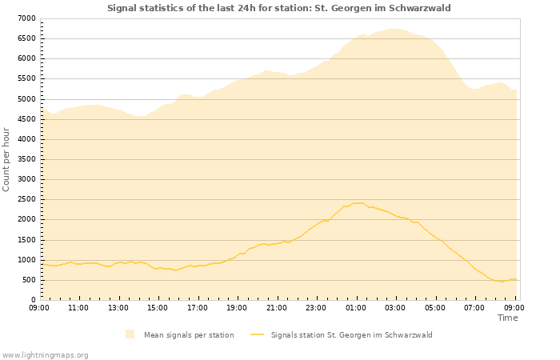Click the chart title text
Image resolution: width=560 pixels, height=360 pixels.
click(x=279, y=8)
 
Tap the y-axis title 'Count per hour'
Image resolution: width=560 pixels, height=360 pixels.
click(x=7, y=159)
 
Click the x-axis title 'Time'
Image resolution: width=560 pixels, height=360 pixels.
click(x=507, y=318)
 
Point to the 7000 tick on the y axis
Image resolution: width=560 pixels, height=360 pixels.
click(x=26, y=18)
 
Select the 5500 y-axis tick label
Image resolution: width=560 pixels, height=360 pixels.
click(x=26, y=79)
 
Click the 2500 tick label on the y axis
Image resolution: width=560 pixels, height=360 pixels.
click(x=26, y=200)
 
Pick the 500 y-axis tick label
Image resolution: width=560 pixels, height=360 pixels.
click(x=28, y=280)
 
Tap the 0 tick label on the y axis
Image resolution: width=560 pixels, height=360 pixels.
click(x=33, y=300)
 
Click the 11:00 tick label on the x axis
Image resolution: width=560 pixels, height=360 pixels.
click(x=78, y=307)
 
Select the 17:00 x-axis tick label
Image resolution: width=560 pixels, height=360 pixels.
click(x=198, y=307)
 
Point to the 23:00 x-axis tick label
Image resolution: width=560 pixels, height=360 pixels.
click(x=316, y=307)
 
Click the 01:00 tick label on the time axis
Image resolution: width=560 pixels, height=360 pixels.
click(x=356, y=307)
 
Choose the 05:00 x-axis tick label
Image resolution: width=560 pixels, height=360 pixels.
click(x=435, y=307)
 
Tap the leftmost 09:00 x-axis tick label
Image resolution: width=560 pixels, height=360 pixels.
click(x=39, y=307)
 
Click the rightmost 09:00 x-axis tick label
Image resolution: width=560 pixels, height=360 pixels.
click(x=514, y=307)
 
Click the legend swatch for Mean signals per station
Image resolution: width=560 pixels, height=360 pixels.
click(x=130, y=334)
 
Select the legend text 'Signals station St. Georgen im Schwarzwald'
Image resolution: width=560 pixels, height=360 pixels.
click(x=351, y=335)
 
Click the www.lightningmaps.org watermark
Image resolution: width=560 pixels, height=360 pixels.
click(x=46, y=354)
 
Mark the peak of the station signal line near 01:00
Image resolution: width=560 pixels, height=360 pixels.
click(x=358, y=202)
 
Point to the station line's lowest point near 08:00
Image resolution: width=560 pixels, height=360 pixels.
click(x=501, y=282)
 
